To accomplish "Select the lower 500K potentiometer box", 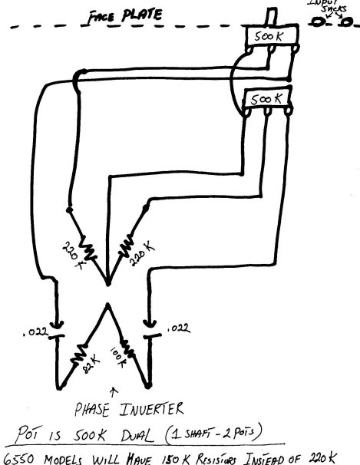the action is coord(265,98).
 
